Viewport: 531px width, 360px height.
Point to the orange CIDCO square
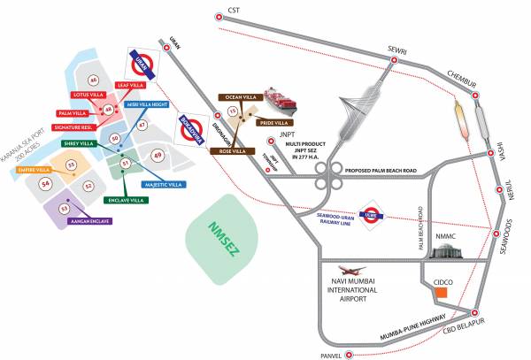(x=449, y=292)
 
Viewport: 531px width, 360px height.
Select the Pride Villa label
(x=277, y=122)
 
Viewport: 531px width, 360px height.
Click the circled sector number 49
(x=158, y=155)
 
